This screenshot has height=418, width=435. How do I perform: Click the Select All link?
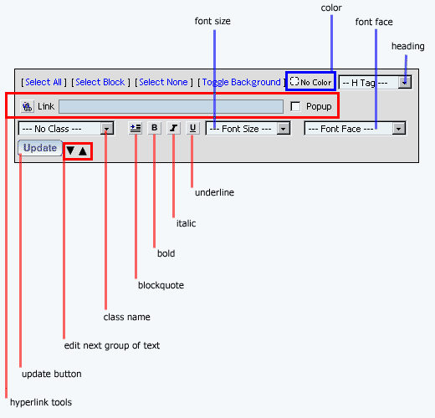coord(43,82)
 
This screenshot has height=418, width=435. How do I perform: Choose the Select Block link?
coord(100,82)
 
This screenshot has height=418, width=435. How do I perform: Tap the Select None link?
coord(163,82)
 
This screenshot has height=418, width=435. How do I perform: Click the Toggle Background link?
coord(241,82)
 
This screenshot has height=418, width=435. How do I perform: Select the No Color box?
coord(310,81)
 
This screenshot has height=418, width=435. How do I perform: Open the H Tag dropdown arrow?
coord(405,83)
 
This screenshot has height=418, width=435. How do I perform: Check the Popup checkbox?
coord(295,106)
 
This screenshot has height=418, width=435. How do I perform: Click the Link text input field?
coord(171,106)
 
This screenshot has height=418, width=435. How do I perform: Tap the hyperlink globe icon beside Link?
coord(28,106)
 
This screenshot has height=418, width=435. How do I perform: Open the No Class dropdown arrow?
coord(106,129)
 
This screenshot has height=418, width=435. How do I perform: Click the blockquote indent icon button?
coord(136,128)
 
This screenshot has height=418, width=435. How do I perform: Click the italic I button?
coord(173,128)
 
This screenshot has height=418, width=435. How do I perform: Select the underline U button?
coord(192,128)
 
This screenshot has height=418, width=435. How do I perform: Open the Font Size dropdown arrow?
coord(284,129)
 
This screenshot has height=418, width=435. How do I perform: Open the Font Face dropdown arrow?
coord(399,129)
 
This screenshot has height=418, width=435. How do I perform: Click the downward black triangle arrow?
coord(70,150)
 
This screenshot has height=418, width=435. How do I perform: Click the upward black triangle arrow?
coord(83,151)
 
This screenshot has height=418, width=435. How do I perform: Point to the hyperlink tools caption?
coord(41,402)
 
